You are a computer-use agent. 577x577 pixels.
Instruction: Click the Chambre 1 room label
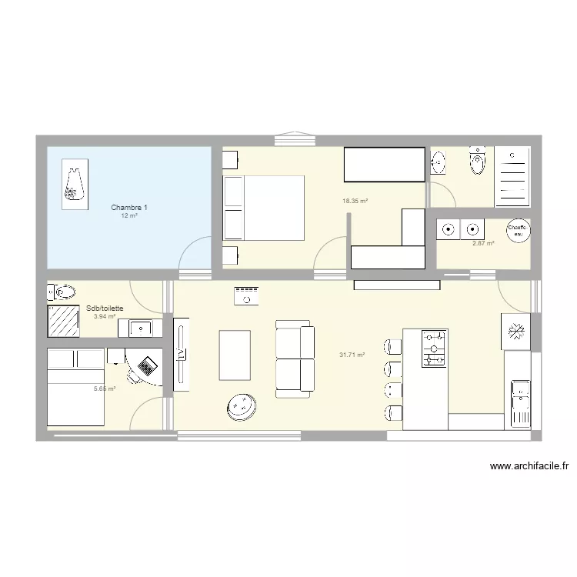tap(129, 208)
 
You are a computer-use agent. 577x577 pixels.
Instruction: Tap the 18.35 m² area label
tap(355, 202)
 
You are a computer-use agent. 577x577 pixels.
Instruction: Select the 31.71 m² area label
tap(352, 355)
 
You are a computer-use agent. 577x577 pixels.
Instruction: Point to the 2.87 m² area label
tap(482, 243)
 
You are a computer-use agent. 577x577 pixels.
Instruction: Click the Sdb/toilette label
tap(105, 308)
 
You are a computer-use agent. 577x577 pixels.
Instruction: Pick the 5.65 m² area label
tap(105, 389)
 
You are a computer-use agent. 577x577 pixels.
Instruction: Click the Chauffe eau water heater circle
tap(517, 230)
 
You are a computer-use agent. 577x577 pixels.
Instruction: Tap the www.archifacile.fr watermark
tap(529, 465)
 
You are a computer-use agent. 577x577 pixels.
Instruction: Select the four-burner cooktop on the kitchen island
tap(435, 349)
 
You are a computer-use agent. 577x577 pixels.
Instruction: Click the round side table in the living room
tap(242, 407)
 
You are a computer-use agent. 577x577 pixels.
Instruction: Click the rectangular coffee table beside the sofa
tap(235, 355)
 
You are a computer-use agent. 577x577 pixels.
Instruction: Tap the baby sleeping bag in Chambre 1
tap(74, 184)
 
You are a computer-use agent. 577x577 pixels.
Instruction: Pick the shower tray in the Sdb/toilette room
tap(65, 321)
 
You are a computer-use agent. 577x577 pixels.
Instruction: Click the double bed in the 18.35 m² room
tap(264, 208)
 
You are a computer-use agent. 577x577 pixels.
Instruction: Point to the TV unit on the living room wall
tap(182, 354)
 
